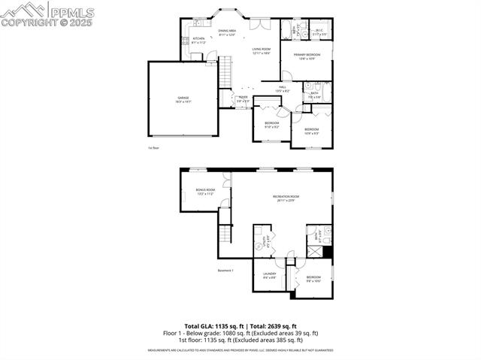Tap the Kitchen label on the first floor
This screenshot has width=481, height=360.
click(x=198, y=40)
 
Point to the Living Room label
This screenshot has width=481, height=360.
click(x=261, y=50)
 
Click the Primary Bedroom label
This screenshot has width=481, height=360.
click(x=307, y=56)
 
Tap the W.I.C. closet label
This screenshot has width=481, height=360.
click(x=319, y=32)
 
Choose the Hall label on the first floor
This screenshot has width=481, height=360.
click(x=282, y=89)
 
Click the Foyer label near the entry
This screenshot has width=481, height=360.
click(x=244, y=98)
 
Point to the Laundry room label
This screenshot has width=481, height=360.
click(x=269, y=275)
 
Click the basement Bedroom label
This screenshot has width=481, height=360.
click(x=313, y=279)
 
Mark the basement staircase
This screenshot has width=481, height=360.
click(x=224, y=235)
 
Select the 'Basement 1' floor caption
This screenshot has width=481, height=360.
click(x=225, y=270)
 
